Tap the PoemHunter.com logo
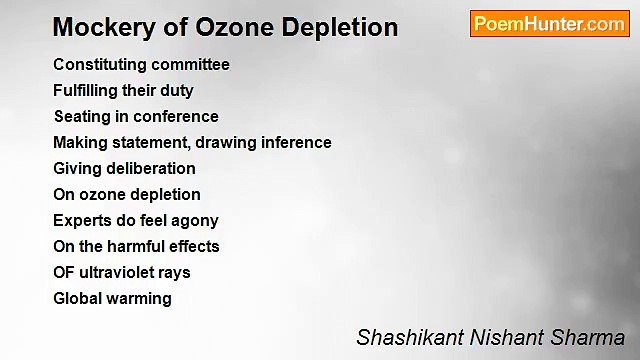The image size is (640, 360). [x=549, y=24]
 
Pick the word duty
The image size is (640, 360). [x=177, y=91]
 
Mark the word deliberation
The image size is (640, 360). [x=146, y=169]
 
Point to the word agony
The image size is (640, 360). [x=194, y=221]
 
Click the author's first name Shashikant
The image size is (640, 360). [x=403, y=338]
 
